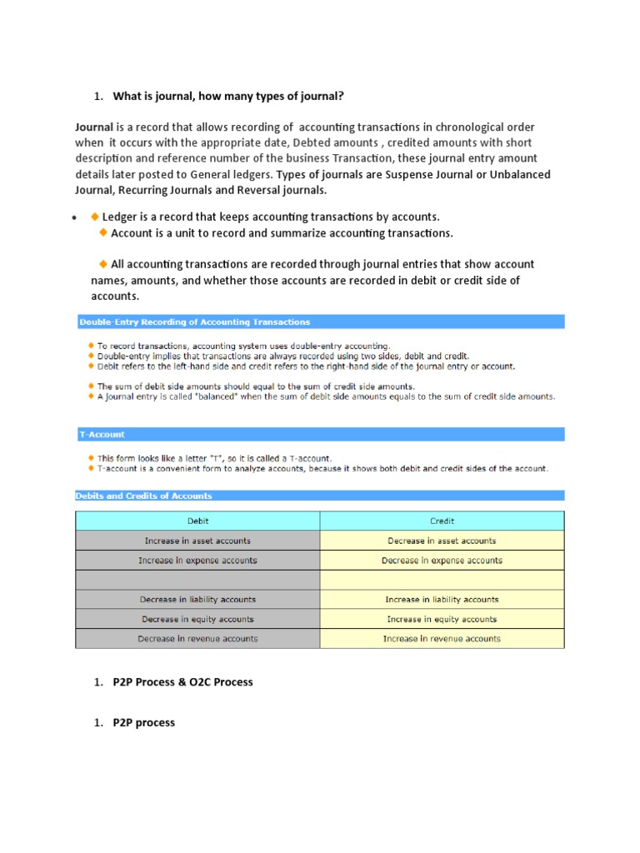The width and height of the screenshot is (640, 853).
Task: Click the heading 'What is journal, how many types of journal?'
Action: click(227, 97)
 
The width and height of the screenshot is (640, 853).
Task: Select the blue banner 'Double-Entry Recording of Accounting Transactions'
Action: click(194, 322)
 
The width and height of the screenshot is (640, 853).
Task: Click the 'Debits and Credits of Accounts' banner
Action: click(144, 496)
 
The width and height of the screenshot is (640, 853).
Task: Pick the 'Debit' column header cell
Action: click(197, 521)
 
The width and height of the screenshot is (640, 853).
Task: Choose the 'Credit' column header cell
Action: click(442, 521)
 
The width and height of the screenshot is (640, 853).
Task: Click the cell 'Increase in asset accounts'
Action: click(197, 541)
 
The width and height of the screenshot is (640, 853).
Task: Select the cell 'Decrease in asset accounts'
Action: click(442, 541)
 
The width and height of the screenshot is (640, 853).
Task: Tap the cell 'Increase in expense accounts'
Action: click(197, 561)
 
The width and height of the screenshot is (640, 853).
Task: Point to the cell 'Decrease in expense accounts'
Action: click(442, 561)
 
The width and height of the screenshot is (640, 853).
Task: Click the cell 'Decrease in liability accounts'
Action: click(197, 599)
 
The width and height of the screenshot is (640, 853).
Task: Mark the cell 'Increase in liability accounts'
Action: click(442, 599)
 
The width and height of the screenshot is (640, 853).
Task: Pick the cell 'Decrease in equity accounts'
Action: click(197, 619)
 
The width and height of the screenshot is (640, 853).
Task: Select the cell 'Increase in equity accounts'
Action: click(442, 619)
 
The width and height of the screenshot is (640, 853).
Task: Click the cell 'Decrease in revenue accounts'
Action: click(197, 639)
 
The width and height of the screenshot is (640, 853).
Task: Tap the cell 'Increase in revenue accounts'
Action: click(442, 639)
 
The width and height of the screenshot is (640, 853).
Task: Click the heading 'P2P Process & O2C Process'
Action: click(182, 681)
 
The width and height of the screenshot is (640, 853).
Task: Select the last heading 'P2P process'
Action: click(143, 722)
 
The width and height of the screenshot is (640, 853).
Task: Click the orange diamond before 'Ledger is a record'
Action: click(94, 217)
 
